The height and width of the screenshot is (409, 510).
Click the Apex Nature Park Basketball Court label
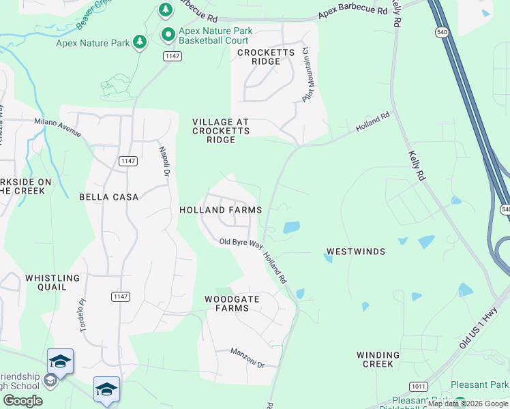pos(215,36)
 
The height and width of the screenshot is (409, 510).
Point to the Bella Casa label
pos(109,197)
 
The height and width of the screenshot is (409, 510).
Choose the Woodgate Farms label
pos(227,303)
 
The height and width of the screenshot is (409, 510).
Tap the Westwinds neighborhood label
pos(355,252)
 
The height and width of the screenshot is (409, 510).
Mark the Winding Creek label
pos(378,359)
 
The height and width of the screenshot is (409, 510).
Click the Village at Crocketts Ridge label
pos(221,130)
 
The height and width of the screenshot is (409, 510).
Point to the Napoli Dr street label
pos(164,161)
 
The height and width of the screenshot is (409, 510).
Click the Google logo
pos(22,401)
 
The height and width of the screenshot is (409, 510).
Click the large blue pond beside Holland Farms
pos(291,227)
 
